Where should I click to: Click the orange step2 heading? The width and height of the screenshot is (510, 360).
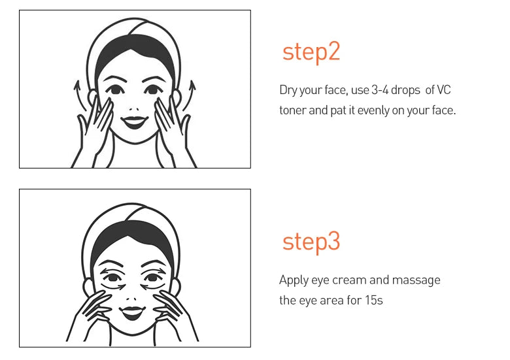click(x=311, y=52)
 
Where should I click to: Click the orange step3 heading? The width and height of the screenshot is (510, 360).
click(x=311, y=242)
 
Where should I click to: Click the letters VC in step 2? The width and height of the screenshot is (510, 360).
click(x=444, y=90)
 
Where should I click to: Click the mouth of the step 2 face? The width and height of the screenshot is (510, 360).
click(x=134, y=122)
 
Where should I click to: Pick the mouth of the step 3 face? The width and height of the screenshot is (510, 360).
click(x=132, y=312)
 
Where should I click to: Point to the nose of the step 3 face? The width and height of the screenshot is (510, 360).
click(x=131, y=299)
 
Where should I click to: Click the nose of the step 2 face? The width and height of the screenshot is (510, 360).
click(x=133, y=109)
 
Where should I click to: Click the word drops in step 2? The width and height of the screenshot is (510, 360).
click(x=405, y=90)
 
